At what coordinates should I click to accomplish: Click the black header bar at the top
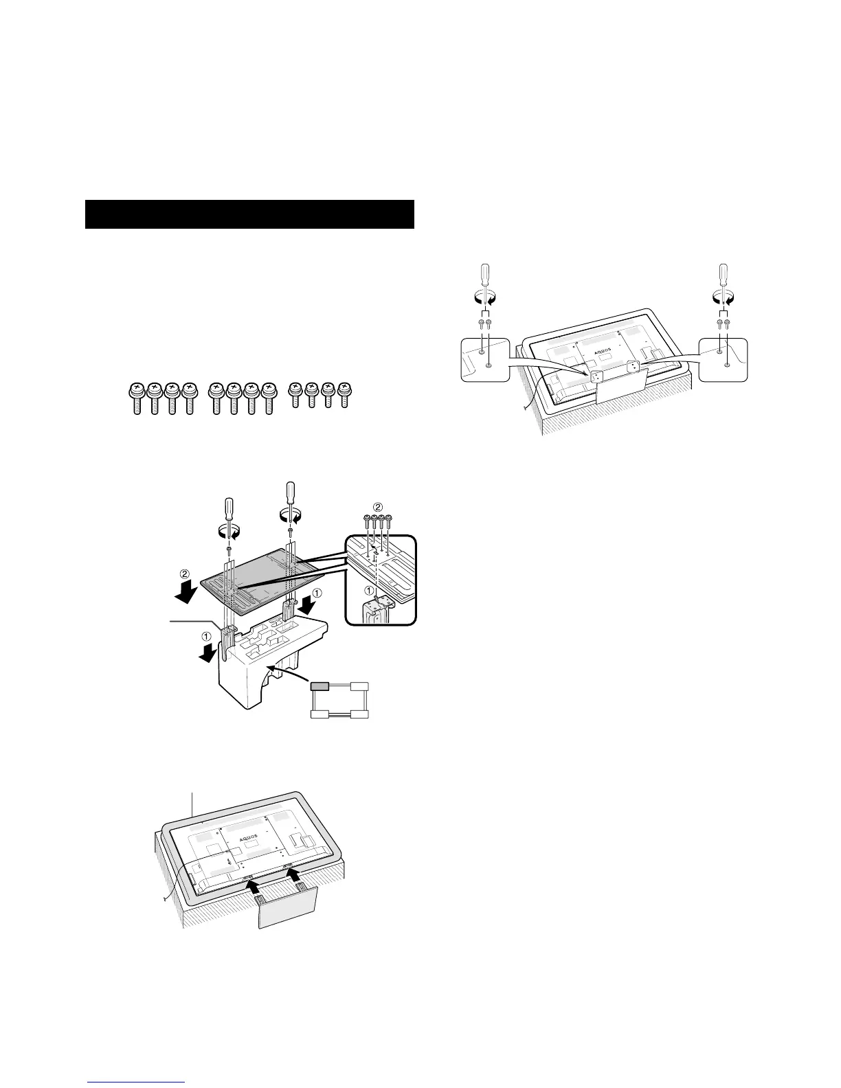249,214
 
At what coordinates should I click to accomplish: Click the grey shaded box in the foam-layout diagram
320,686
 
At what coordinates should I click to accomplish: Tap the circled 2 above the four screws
377,508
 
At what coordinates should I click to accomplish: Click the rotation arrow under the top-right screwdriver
724,297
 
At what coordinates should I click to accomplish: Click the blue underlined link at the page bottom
136,1083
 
